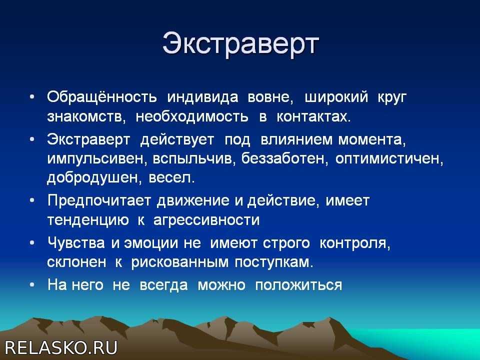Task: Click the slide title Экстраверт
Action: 240,44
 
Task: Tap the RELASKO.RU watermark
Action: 61,348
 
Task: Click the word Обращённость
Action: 102,97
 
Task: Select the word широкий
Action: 336,97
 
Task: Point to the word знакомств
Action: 86,116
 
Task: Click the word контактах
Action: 313,116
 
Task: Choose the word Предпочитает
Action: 99,201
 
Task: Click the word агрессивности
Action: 206,220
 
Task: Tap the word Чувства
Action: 76,243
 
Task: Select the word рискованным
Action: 180,262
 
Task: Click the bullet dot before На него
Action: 32,285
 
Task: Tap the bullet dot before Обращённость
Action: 32,97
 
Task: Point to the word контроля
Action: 355,243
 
